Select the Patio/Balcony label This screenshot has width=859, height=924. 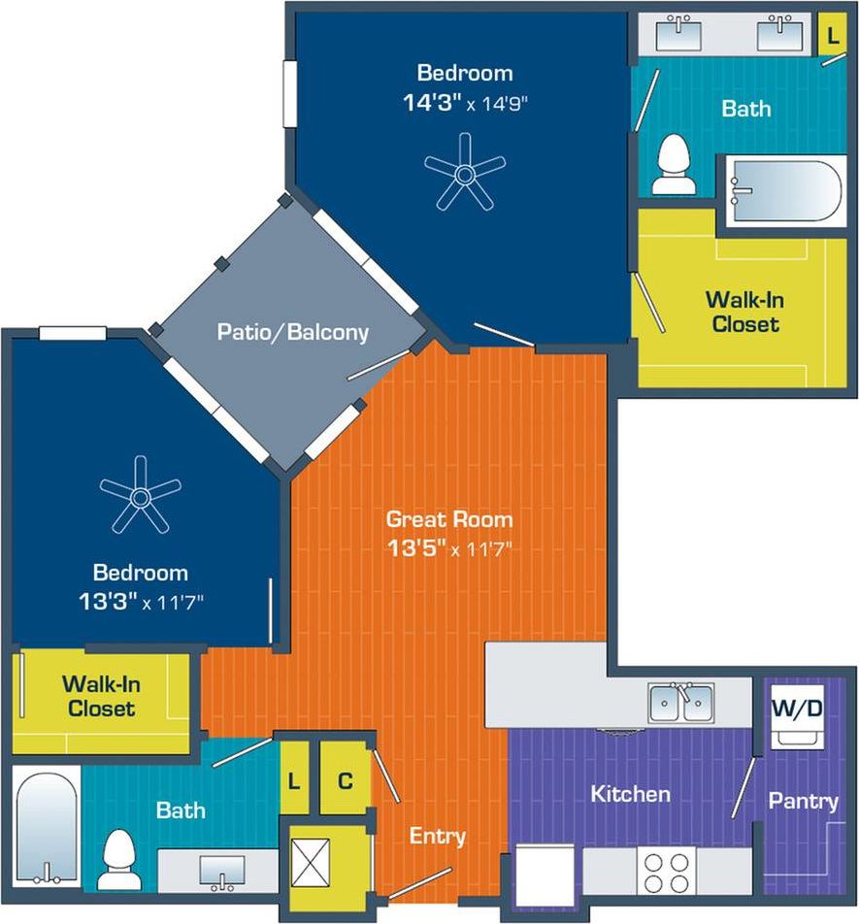[x=292, y=332]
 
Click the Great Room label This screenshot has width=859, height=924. [x=448, y=518]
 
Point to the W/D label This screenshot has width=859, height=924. [x=797, y=709]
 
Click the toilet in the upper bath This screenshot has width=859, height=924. [x=672, y=167]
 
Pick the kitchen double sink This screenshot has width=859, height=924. [x=681, y=703]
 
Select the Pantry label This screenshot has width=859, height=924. [x=804, y=801]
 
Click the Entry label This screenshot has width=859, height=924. [x=437, y=836]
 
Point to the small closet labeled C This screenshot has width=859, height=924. [x=345, y=779]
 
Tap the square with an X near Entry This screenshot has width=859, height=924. [x=312, y=860]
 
